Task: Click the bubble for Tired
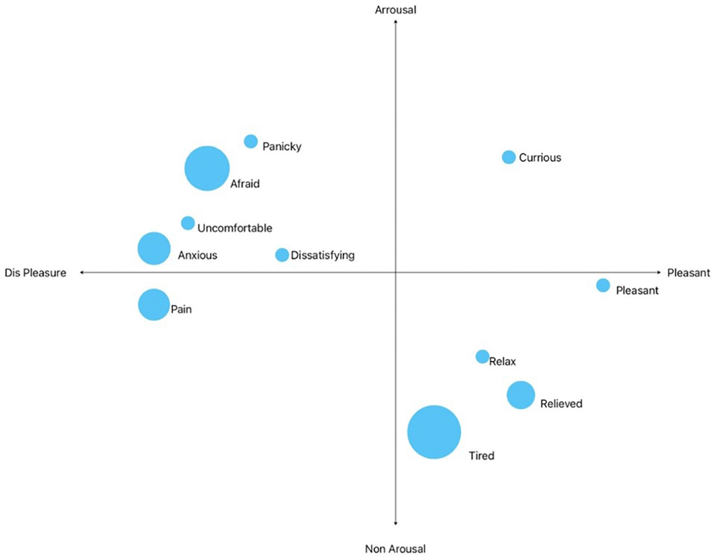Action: coord(434,432)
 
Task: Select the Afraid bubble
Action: coord(207,168)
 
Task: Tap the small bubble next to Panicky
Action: coord(251,141)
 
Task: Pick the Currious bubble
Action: coord(509,157)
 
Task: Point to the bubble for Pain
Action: coord(154,305)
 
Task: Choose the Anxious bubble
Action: coord(154,248)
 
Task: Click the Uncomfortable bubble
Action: coord(188,223)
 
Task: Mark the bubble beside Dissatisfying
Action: coord(282,255)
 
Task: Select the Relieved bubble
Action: coord(521,395)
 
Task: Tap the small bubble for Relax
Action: coord(482,357)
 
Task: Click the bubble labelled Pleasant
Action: coord(603,286)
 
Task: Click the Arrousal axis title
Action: coord(396,10)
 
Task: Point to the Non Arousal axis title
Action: coord(396,549)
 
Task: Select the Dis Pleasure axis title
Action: coord(35,273)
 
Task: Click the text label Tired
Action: coord(482,456)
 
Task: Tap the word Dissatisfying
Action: coord(323,255)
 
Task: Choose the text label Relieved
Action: coord(561,404)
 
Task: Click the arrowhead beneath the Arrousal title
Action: coord(396,22)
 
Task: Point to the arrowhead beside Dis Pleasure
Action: coord(82,272)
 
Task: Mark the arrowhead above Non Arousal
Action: coord(396,523)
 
